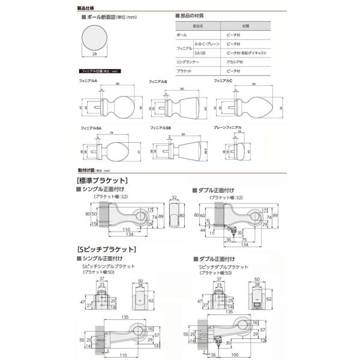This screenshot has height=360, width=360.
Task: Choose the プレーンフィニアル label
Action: [228, 128]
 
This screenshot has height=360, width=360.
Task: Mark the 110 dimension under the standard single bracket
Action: [127, 229]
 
